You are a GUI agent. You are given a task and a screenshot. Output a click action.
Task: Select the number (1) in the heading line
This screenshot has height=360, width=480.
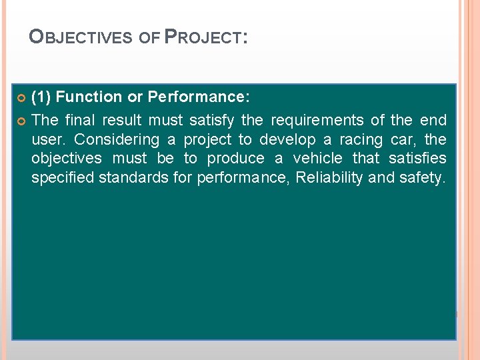pos(41,97)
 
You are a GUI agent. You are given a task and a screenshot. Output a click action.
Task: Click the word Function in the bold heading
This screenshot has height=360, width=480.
pos(89,97)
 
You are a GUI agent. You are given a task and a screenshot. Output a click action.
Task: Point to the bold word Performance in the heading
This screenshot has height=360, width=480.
pos(197,97)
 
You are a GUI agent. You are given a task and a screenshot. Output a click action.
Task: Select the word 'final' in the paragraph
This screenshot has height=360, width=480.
pos(81,121)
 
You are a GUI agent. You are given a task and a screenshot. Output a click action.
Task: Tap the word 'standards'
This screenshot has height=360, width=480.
pos(130,178)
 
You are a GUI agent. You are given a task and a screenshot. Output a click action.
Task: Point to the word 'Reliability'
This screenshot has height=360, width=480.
pos(330,178)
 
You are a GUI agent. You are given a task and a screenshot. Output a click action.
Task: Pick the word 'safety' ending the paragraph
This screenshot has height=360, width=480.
pos(419,178)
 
